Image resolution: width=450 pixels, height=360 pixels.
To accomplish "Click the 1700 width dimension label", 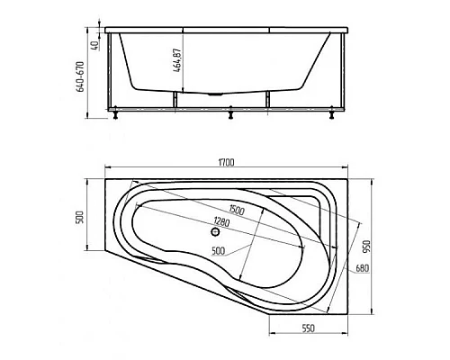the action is tap(226, 162).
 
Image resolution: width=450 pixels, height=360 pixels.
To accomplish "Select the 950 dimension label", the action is tap(368, 247).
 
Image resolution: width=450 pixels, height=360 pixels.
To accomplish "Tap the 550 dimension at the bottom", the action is tap(308, 328).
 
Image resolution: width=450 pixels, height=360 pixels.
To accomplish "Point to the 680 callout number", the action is tap(362, 268).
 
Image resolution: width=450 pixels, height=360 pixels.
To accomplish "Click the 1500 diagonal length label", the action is tap(237, 210).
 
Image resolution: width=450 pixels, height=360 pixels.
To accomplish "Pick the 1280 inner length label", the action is tap(221, 223).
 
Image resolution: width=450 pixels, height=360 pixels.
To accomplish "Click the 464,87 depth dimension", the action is tap(176, 60).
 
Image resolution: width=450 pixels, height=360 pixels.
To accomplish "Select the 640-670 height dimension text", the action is tap(81, 76).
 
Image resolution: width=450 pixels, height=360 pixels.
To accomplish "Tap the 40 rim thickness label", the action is tap(94, 46).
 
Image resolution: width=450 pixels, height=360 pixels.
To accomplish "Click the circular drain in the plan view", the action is tap(215, 231).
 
